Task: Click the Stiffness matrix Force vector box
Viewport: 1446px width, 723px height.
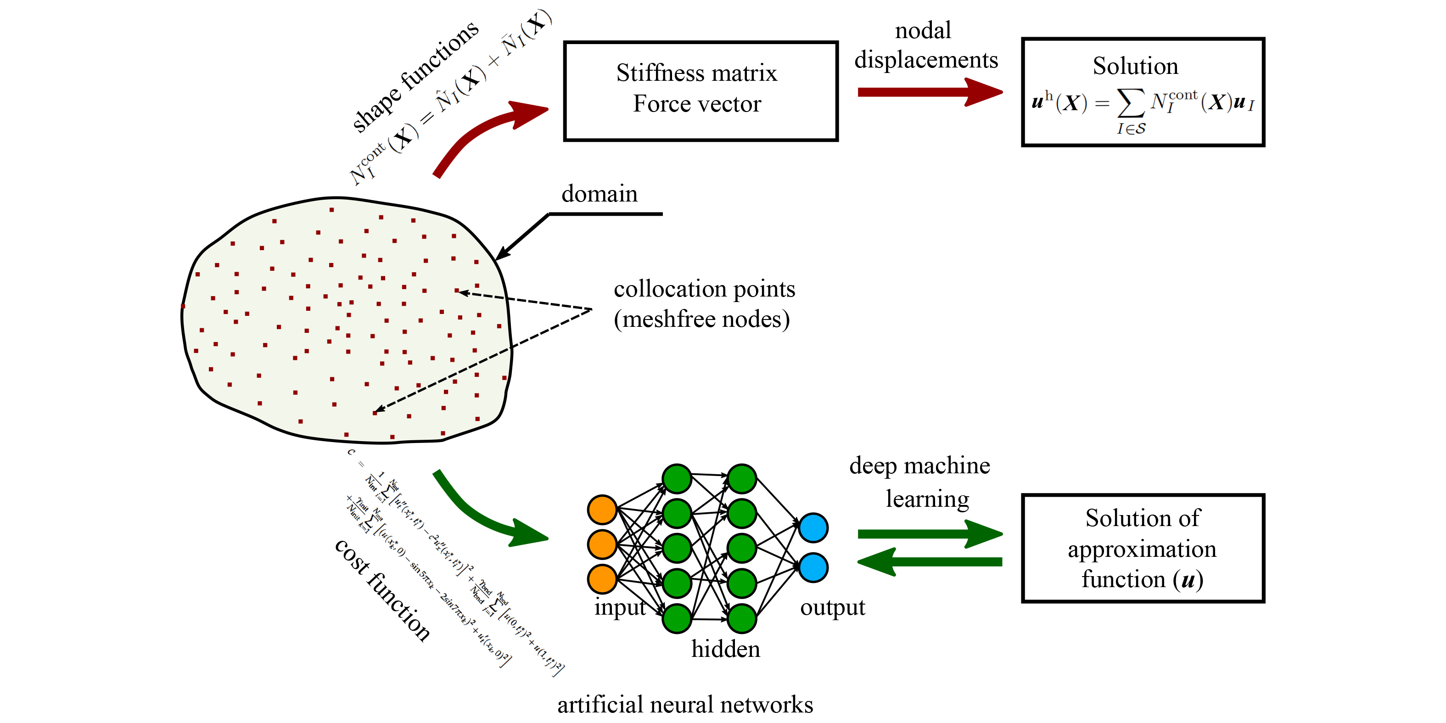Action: [701, 91]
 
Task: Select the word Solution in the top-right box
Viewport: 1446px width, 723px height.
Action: [1135, 66]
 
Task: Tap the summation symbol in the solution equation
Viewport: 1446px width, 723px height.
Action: [1131, 103]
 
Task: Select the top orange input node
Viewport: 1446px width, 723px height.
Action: [602, 510]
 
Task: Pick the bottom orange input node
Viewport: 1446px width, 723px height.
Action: [602, 579]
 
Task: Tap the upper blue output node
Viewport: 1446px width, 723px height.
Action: [813, 527]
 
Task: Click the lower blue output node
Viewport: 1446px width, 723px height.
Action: [813, 567]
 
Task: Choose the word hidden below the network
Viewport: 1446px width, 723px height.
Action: [725, 650]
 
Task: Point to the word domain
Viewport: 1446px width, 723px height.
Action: [600, 194]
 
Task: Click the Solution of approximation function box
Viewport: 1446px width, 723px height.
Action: [1143, 549]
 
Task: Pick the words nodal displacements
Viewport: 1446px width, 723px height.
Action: [925, 45]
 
